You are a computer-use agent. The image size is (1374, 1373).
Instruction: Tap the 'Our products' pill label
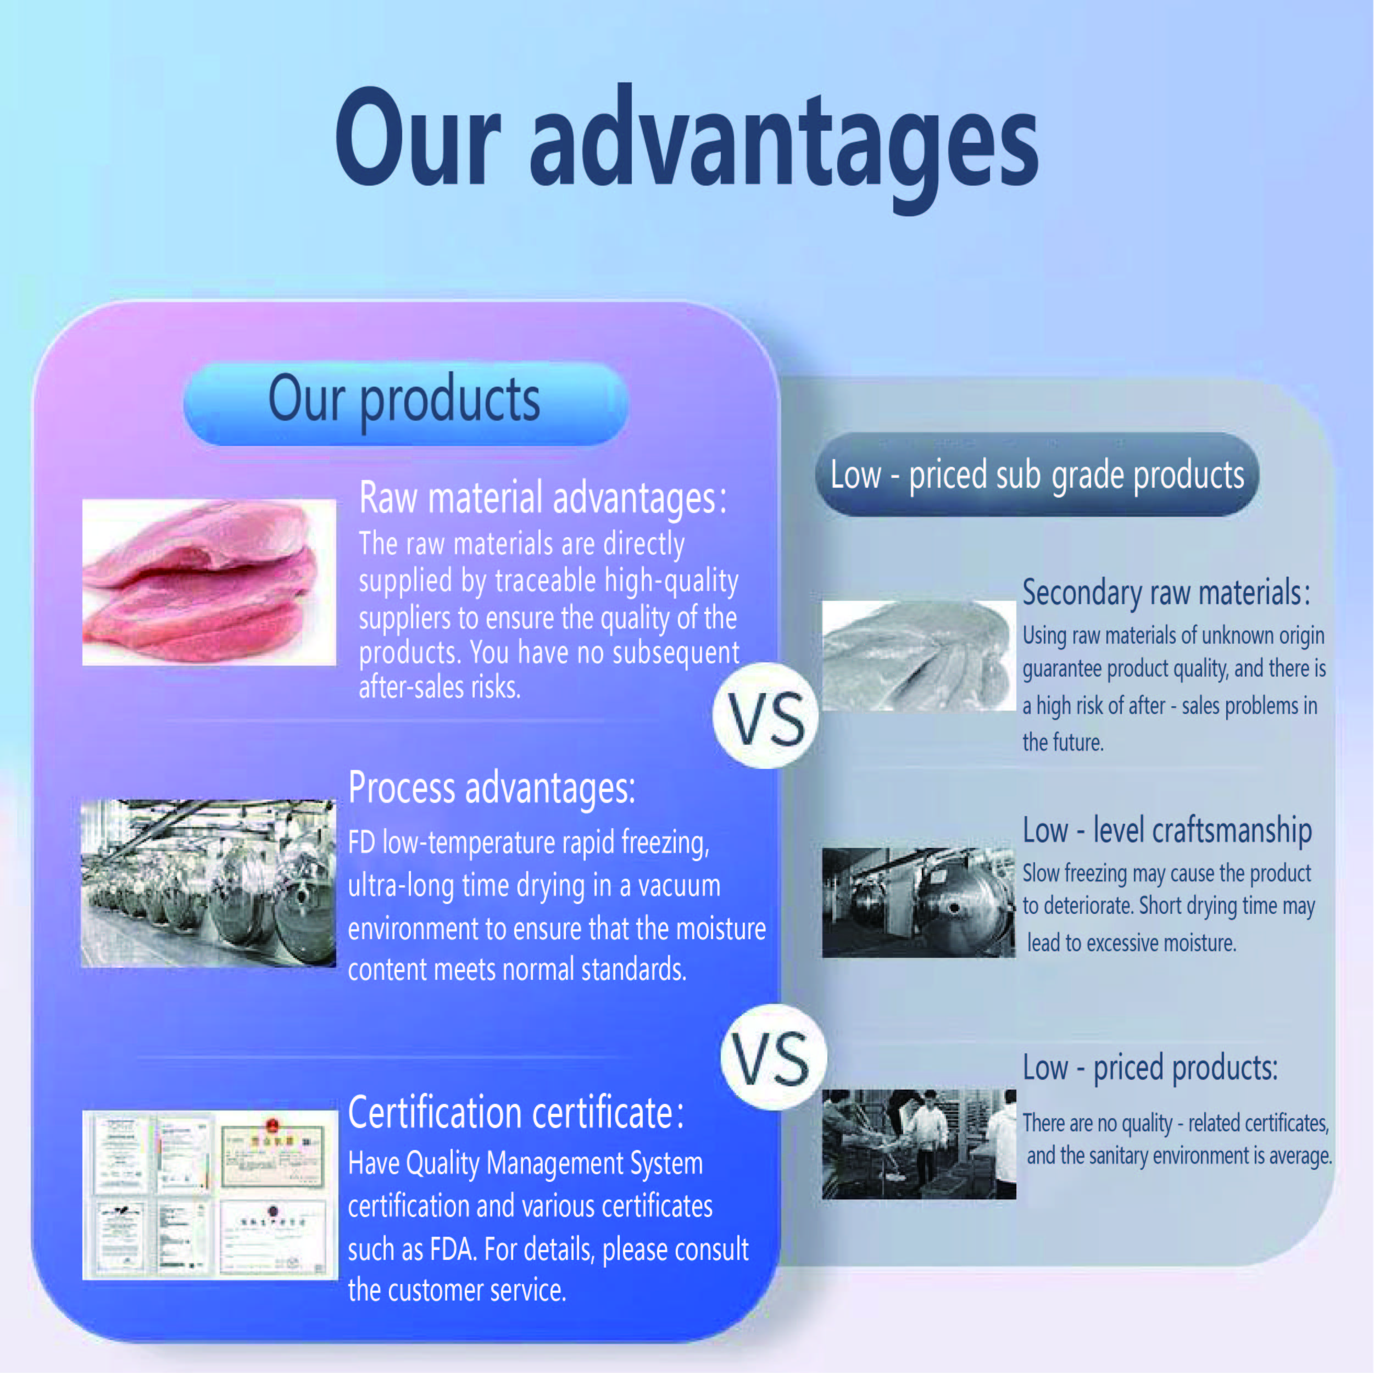405,403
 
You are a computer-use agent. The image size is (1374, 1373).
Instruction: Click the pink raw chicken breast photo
209,582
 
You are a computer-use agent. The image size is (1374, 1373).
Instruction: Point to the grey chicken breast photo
919,656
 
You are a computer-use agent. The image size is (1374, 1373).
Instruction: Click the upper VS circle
766,716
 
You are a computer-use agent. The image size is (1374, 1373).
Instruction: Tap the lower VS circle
773,1058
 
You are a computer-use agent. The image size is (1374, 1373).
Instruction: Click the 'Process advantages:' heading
492,789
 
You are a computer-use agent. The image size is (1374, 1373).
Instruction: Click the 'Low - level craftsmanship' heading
1167,830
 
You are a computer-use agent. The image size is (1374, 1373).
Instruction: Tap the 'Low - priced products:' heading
1150,1068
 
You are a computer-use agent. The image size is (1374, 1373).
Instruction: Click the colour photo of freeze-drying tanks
208,884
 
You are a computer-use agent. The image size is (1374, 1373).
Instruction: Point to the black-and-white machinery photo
919,902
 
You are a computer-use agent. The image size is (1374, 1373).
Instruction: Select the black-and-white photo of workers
919,1145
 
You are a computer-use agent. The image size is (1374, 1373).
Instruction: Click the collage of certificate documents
210,1195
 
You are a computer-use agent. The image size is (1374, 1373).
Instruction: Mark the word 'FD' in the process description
361,843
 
